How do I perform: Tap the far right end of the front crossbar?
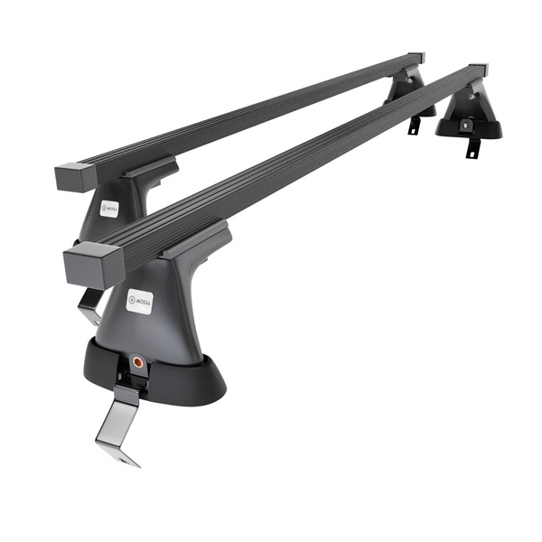478,70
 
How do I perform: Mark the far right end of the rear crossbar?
416,58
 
